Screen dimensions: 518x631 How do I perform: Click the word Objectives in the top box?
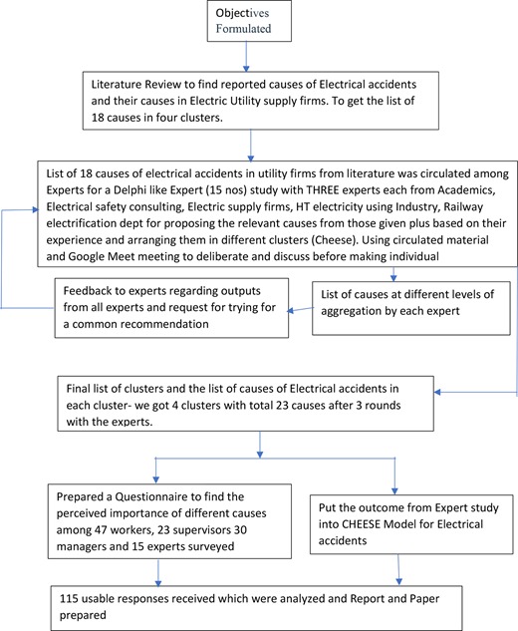242,13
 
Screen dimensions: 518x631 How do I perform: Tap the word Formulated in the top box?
243,29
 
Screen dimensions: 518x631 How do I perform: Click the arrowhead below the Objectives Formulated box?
246,69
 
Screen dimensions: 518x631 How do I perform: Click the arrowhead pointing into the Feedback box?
290,310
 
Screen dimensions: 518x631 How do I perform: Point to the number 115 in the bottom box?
69,599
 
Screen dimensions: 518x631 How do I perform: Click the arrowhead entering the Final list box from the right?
437,392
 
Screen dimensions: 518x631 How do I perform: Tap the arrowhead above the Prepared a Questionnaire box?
156,479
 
